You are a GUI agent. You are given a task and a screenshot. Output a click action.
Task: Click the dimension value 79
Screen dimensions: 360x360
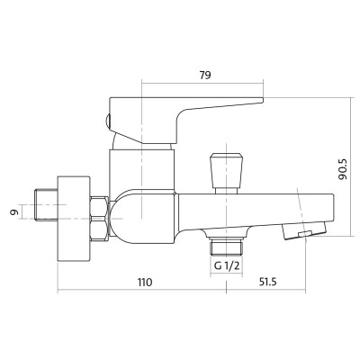(x=205, y=75)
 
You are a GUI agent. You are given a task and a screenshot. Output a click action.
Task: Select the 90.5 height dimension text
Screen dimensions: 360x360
(x=342, y=169)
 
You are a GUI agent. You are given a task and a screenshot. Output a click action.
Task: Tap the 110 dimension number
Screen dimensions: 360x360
(x=145, y=283)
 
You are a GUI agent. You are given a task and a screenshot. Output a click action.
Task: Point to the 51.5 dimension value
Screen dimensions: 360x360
(x=266, y=283)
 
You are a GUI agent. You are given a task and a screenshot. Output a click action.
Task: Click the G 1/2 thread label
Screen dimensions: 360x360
(x=227, y=265)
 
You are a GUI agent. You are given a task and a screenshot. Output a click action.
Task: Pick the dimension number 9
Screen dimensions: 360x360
(x=14, y=212)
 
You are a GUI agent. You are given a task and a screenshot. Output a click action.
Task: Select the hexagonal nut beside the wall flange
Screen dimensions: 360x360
(x=99, y=218)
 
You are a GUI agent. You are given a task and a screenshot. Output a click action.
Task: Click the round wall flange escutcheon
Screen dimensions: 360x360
(x=74, y=219)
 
